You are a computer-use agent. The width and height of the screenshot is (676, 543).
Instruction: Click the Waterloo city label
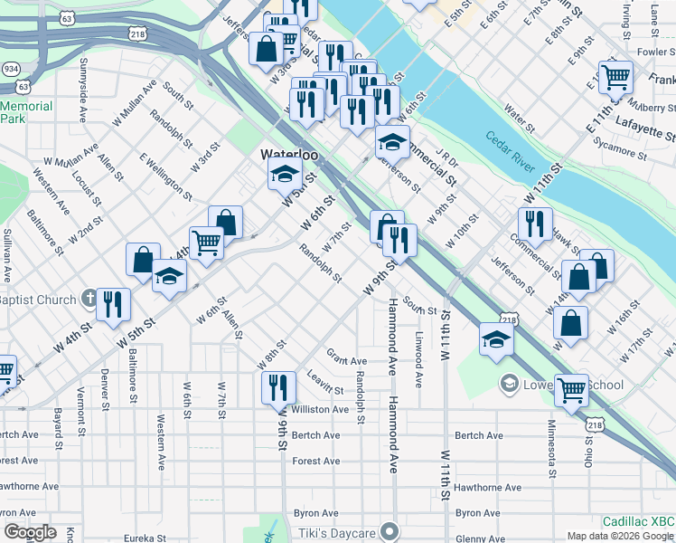290,155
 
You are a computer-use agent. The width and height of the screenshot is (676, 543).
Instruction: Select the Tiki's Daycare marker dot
390,530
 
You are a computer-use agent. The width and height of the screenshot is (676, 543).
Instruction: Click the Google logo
30,532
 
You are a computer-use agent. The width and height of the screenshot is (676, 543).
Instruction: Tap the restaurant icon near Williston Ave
277,386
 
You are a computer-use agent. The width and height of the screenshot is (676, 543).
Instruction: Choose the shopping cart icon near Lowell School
571,390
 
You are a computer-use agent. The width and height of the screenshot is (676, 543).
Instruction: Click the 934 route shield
12,69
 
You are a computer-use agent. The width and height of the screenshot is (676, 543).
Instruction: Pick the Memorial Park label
26,112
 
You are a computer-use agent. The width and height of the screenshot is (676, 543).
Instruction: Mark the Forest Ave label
316,461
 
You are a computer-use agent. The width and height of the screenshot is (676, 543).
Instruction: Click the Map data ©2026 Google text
621,536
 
